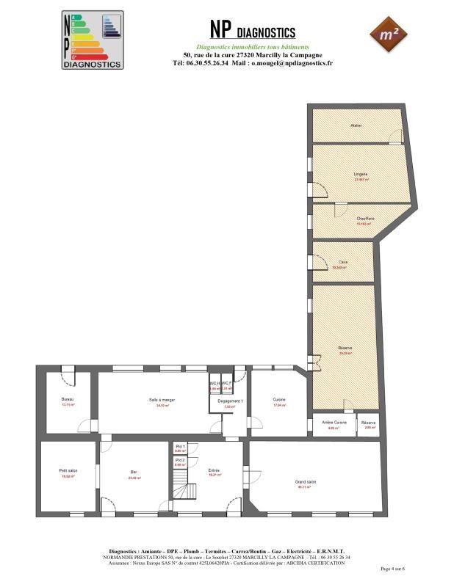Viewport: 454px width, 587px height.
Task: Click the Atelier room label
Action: [356, 125]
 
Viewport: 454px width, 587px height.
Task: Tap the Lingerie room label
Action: [360, 173]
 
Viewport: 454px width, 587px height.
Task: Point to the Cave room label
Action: [343, 262]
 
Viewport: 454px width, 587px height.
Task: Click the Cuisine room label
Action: [279, 399]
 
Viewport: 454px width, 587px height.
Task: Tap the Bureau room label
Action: [68, 399]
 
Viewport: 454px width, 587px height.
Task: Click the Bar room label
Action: [134, 472]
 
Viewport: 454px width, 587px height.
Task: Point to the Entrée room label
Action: [214, 470]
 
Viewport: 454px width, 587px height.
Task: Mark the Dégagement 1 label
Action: [231, 401]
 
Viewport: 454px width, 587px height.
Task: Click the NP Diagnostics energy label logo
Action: [92, 40]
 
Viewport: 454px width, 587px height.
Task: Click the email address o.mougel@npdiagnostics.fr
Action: [292, 63]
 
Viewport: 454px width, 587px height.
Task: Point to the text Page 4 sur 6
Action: [393, 569]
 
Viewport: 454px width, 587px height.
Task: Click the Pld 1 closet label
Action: [180, 446]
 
